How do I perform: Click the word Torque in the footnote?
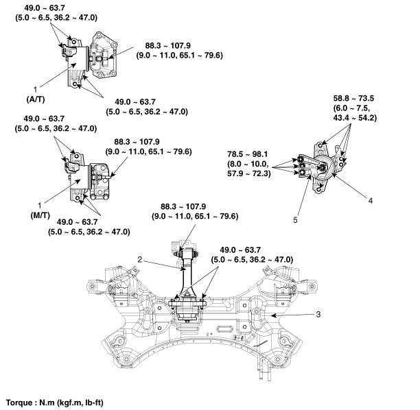pyautogui.click(x=20, y=402)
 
